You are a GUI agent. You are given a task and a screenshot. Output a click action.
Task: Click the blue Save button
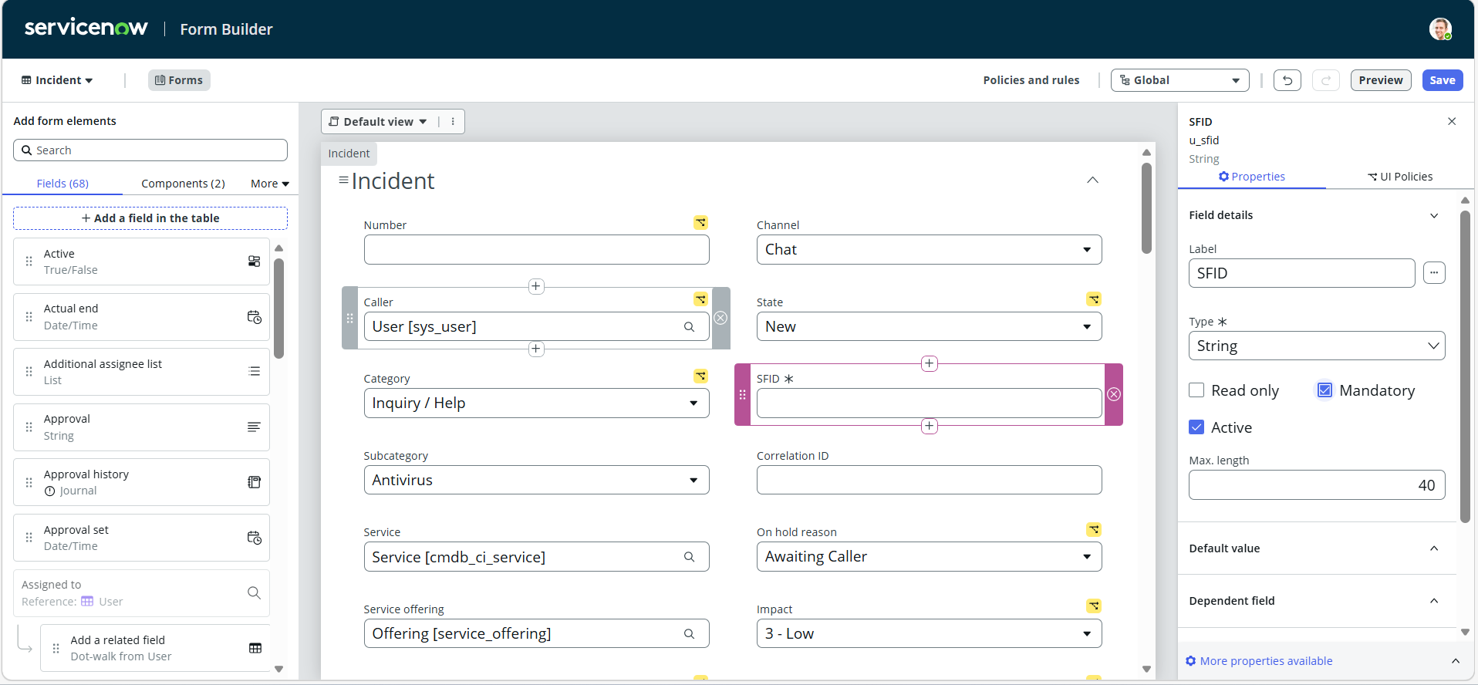click(x=1442, y=80)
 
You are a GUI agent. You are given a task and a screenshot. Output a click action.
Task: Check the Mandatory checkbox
click(x=1324, y=390)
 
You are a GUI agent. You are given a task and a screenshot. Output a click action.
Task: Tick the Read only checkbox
click(x=1196, y=390)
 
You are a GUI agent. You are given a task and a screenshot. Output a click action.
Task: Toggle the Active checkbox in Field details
click(x=1196, y=427)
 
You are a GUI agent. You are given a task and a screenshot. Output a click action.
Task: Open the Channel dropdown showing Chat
click(x=929, y=250)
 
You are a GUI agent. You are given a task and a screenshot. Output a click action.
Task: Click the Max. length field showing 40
click(x=1317, y=485)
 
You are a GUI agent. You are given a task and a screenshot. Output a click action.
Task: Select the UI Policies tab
click(x=1400, y=177)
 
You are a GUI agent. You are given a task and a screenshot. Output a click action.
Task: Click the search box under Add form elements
click(x=150, y=150)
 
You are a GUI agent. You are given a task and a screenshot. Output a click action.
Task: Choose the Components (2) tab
click(x=183, y=184)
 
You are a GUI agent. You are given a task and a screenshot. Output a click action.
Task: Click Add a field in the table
click(x=150, y=218)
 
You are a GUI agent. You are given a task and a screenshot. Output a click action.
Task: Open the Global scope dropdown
click(x=1179, y=80)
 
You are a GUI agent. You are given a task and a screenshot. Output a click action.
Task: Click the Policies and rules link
click(x=1031, y=80)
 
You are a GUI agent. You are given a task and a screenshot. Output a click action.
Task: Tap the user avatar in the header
click(x=1440, y=29)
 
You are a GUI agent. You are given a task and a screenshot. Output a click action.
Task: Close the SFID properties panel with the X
click(x=1452, y=121)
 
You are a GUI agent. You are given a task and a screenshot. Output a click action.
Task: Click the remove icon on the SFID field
click(x=1114, y=394)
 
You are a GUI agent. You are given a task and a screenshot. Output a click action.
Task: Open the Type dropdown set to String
click(x=1317, y=346)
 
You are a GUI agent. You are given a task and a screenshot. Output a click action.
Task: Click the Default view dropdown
click(x=378, y=122)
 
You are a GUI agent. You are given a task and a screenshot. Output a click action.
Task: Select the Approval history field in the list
click(x=141, y=482)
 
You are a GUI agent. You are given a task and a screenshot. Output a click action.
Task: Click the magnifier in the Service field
click(x=689, y=557)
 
